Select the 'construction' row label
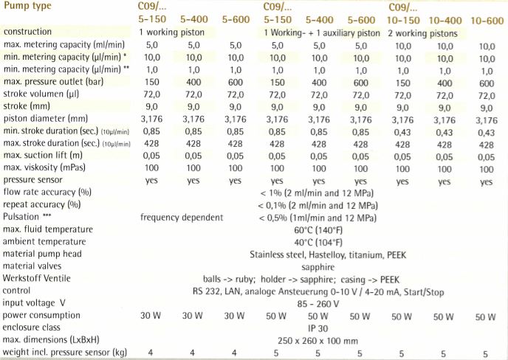point(28,32)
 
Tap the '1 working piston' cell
point(174,33)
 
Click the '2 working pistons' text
point(422,33)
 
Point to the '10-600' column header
point(486,20)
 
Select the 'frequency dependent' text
point(182,218)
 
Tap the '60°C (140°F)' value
point(317,230)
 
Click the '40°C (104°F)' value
point(317,242)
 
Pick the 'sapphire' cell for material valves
point(317,266)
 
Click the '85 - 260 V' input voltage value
point(317,303)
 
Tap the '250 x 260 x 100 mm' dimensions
point(317,340)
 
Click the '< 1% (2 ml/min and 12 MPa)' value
point(317,193)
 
